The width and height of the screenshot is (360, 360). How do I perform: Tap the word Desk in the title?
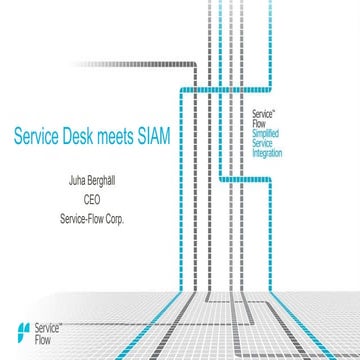point(83,133)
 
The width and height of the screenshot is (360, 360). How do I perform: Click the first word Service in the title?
point(38,133)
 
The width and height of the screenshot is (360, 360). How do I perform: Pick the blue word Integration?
point(268,155)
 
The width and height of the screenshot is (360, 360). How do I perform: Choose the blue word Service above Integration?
point(264,144)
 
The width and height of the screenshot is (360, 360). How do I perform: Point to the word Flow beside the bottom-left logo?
point(43,338)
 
